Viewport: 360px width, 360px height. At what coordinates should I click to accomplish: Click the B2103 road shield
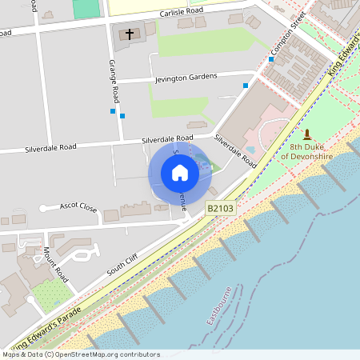pos(221,208)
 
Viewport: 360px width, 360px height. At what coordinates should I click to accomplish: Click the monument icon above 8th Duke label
pos(306,134)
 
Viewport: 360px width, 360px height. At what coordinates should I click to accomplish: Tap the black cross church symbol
pos(130,34)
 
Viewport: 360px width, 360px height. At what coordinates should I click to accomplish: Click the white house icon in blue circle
pos(180,173)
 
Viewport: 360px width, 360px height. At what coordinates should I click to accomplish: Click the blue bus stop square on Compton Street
pos(272,59)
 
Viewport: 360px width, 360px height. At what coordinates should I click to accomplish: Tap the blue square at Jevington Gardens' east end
pos(246,85)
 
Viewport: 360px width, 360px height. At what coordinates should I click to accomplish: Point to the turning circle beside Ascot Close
pos(42,209)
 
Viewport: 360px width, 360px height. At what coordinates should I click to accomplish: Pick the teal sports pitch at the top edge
pos(87,8)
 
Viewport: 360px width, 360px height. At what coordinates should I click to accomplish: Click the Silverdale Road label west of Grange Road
pos(50,148)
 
